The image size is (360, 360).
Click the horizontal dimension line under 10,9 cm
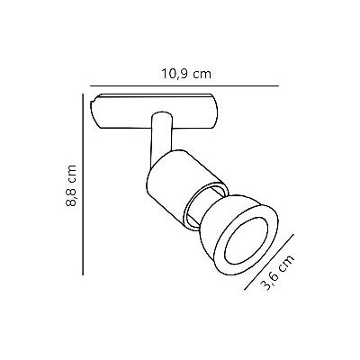[x=180, y=85]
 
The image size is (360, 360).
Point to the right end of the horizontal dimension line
[x=278, y=85]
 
